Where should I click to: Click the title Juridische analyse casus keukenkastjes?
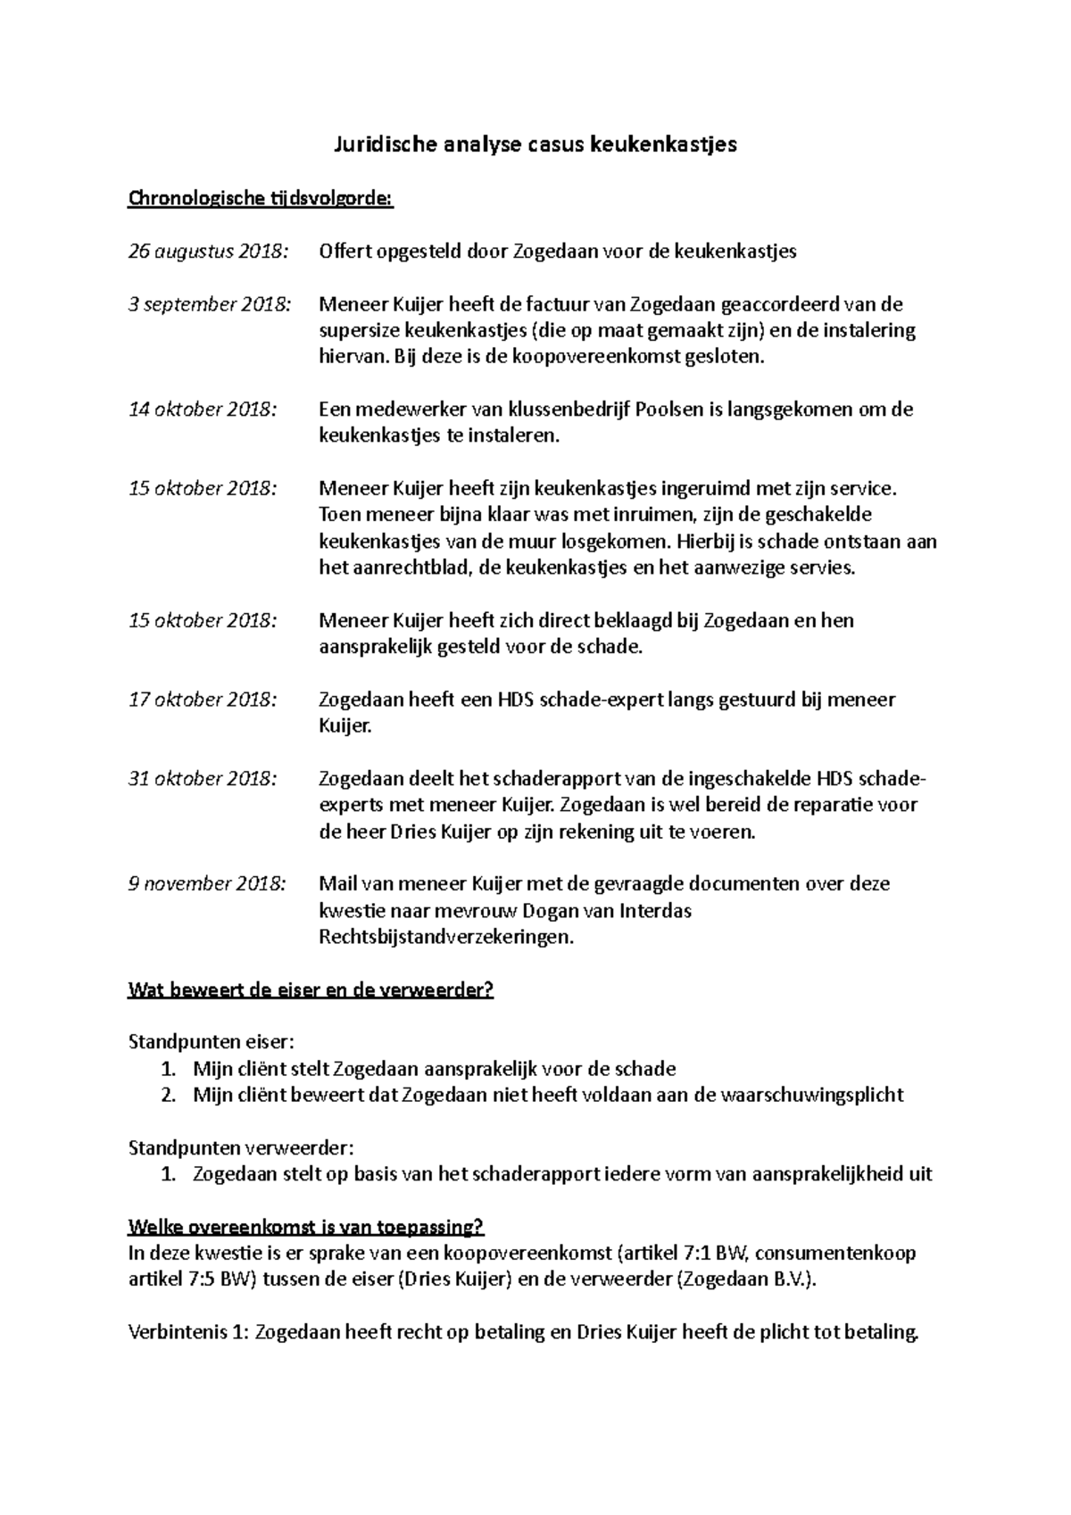pos(535,145)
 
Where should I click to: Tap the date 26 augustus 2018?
pos(209,251)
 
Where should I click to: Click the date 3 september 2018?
pos(210,303)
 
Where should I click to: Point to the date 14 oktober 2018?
pos(203,410)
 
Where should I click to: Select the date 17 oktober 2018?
pos(203,700)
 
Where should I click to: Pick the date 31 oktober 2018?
pos(203,779)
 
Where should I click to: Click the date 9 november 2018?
pos(207,884)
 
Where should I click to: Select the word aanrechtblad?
pos(411,567)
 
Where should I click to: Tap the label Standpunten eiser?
pos(211,1042)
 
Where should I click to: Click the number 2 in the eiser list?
pos(168,1096)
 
